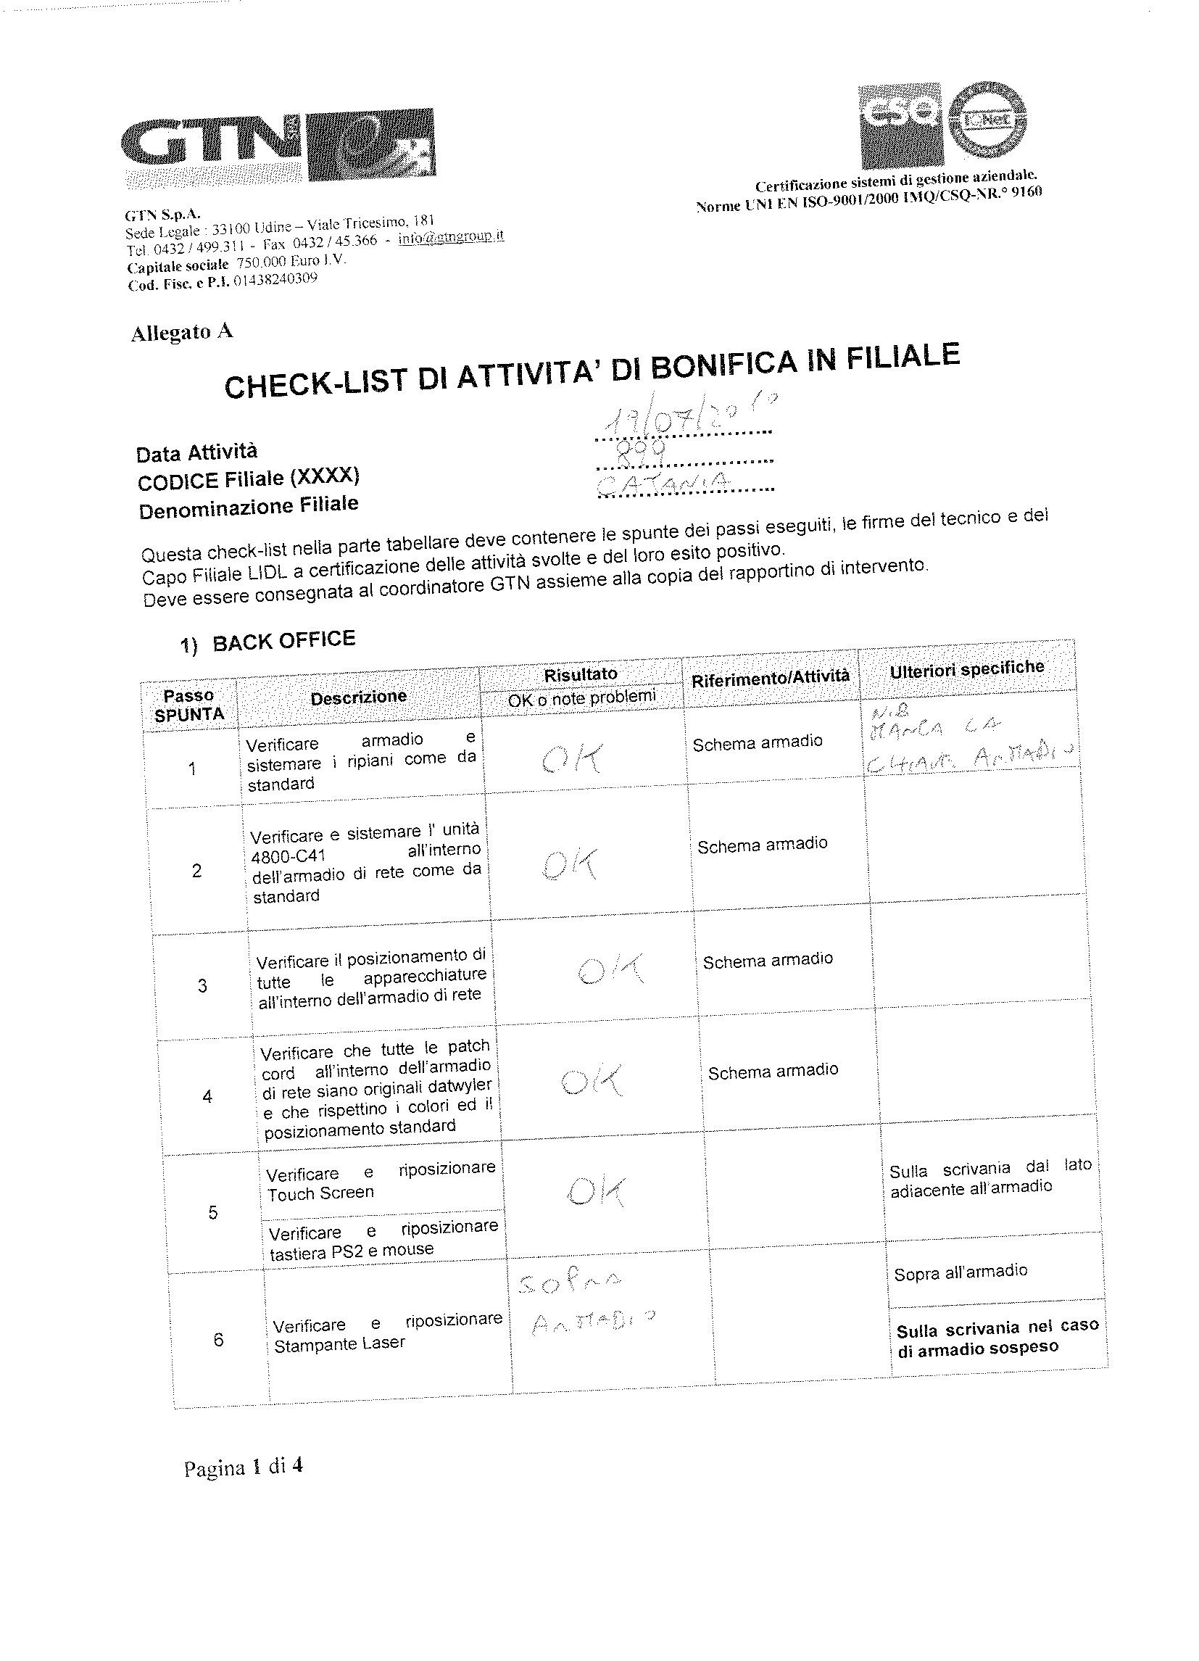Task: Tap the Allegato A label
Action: click(x=182, y=333)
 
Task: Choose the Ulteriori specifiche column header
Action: click(x=966, y=668)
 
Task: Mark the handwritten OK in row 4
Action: click(x=592, y=1080)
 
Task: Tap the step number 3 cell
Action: click(x=202, y=986)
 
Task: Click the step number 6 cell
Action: click(x=218, y=1340)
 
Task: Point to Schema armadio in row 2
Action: click(x=762, y=845)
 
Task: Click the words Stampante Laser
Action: click(x=339, y=1345)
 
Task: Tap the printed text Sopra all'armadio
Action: click(x=961, y=1272)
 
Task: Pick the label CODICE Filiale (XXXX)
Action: click(x=249, y=479)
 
